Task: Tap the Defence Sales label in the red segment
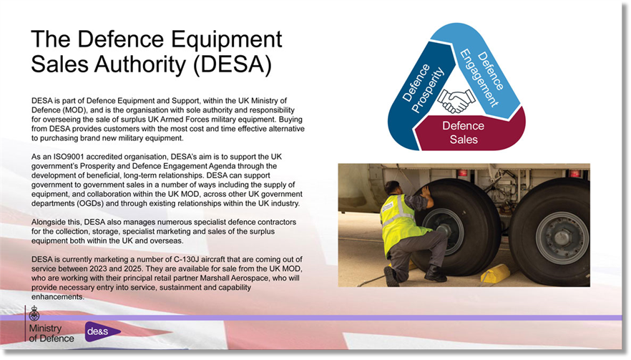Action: click(x=464, y=132)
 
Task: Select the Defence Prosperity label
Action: click(x=423, y=89)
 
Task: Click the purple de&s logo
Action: click(x=102, y=331)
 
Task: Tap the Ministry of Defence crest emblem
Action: click(x=34, y=313)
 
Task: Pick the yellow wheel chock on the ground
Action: click(x=495, y=273)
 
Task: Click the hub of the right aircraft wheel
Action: click(x=562, y=238)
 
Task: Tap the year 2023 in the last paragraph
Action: click(x=99, y=268)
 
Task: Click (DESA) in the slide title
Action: click(x=233, y=64)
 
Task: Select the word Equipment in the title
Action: click(x=227, y=40)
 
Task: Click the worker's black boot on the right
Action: click(x=435, y=274)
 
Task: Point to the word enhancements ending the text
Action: click(x=57, y=297)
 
